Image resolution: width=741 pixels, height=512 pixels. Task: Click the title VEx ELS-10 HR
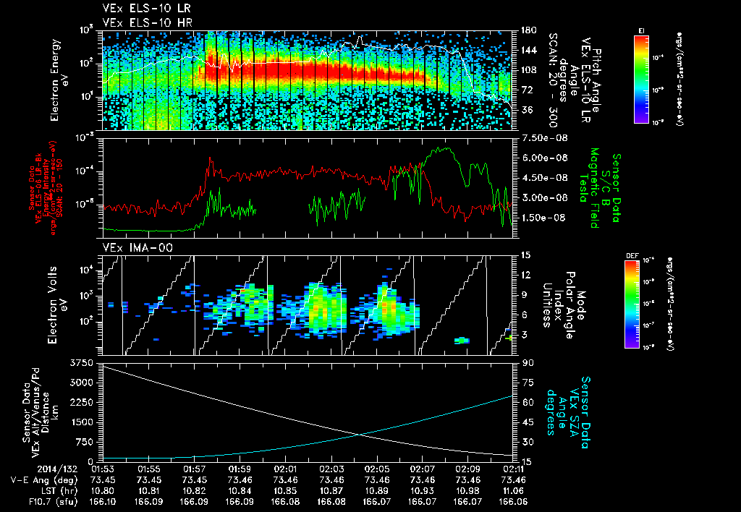tap(141, 22)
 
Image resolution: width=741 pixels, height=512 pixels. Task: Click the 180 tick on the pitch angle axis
tap(528, 30)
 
